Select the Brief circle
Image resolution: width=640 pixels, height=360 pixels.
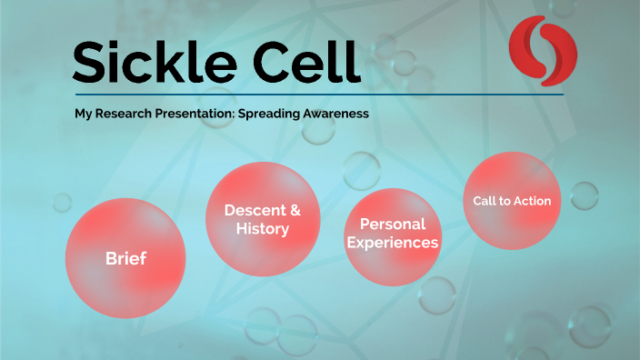click(x=125, y=258)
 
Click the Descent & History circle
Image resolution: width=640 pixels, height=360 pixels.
click(x=263, y=219)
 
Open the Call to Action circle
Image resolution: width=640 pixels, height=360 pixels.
click(x=512, y=201)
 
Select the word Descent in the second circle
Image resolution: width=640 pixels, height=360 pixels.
click(x=252, y=210)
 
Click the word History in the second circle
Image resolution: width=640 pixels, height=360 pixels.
click(x=263, y=229)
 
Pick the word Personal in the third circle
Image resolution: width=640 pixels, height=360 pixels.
click(x=393, y=224)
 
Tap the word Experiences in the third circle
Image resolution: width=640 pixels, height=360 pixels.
click(x=393, y=243)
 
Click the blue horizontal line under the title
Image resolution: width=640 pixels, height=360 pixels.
click(x=318, y=95)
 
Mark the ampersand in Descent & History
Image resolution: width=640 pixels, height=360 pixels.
click(x=293, y=210)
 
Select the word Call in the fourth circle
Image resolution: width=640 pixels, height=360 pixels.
click(x=485, y=201)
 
